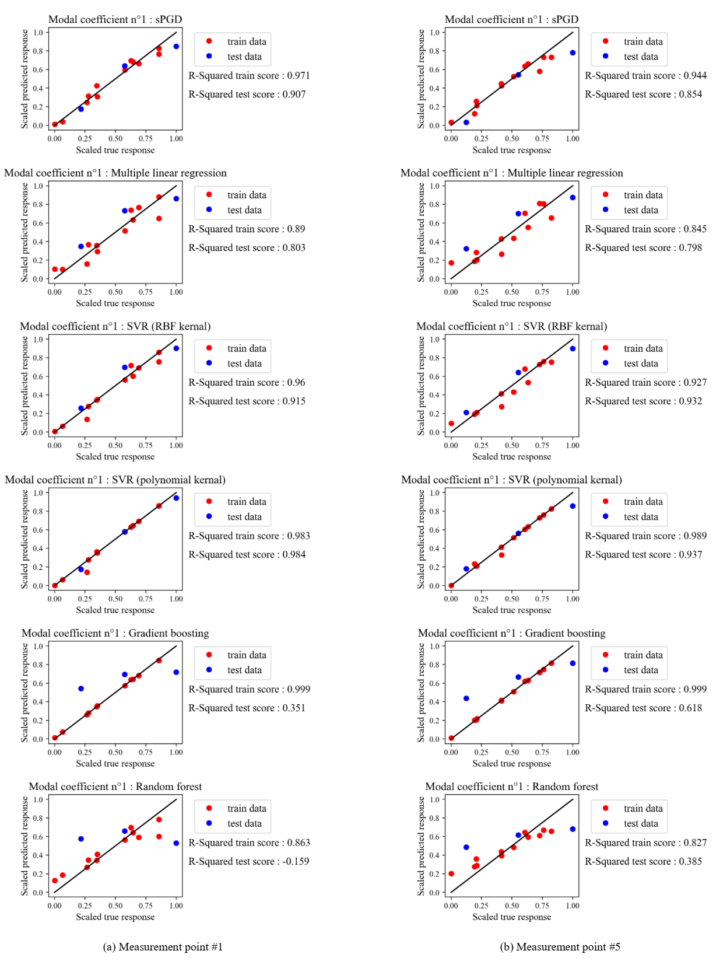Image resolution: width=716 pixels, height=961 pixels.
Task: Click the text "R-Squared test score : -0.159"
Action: [x=249, y=861]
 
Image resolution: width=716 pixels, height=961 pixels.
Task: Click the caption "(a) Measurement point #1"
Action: [x=163, y=946]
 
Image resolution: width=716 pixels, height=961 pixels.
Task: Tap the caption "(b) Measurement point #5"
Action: [x=560, y=946]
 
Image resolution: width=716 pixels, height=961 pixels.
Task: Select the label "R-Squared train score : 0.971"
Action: [x=249, y=75]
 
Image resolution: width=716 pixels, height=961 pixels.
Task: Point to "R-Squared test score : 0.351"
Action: [x=247, y=708]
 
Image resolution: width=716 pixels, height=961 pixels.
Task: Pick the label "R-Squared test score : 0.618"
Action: [x=643, y=708]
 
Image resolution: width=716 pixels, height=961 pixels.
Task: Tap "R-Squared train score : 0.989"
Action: [x=645, y=536]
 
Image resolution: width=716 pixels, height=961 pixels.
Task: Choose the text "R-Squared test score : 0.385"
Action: [x=643, y=861]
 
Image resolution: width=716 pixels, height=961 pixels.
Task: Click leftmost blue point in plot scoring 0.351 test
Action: [x=81, y=689]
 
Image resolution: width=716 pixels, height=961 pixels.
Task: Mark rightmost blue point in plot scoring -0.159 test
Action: [x=176, y=843]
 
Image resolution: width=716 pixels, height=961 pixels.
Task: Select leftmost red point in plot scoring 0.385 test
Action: [x=451, y=873]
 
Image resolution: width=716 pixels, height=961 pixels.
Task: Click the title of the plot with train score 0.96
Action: [x=115, y=326]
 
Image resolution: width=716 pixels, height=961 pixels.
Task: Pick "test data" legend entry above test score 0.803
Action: [x=244, y=210]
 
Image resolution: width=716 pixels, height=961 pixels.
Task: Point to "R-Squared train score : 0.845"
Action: [x=645, y=229]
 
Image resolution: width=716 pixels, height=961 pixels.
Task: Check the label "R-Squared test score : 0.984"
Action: [x=247, y=554]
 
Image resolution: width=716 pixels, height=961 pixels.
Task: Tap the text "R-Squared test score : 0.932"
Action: [x=643, y=401]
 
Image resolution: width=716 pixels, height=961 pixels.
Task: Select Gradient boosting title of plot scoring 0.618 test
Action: [x=511, y=633]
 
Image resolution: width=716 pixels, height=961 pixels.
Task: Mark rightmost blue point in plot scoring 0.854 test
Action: [x=573, y=53]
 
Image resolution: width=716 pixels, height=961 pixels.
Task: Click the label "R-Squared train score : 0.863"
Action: [x=249, y=843]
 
